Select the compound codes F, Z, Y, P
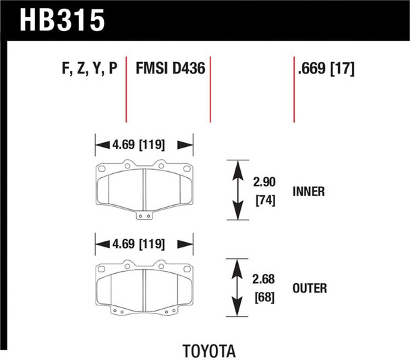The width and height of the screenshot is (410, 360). (x=86, y=69)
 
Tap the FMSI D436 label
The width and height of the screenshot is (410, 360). (x=171, y=69)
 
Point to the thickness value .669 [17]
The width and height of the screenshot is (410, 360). (x=326, y=69)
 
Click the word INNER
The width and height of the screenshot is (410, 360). (x=310, y=191)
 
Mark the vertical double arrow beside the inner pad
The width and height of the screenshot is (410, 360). (x=237, y=189)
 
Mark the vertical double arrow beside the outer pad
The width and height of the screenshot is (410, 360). (x=237, y=287)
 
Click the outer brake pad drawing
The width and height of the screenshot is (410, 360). (x=144, y=287)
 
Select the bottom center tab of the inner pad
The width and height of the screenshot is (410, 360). (x=144, y=216)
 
